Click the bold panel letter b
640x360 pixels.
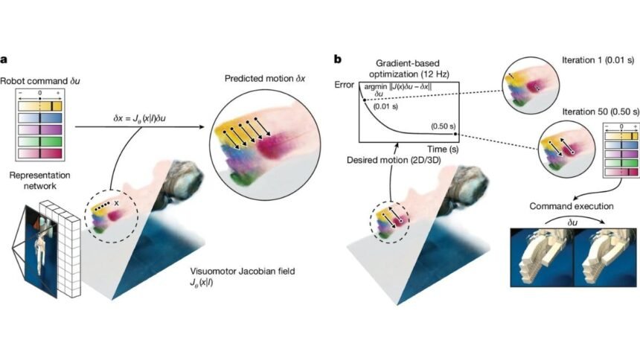[x=339, y=58]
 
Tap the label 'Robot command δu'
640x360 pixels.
[x=34, y=80]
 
